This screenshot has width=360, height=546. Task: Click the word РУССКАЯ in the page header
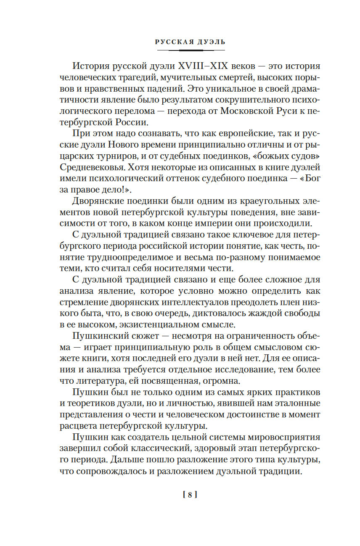[174, 42]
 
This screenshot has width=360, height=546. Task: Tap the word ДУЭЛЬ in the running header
[211, 42]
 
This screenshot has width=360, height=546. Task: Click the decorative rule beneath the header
[191, 50]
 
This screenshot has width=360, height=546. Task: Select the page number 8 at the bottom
[190, 495]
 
